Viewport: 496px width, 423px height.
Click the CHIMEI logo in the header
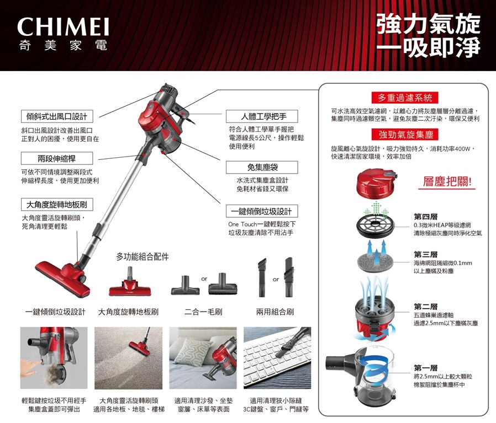click(64, 26)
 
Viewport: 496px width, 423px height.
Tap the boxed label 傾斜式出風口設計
click(57, 116)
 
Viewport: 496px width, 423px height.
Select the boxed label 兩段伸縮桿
click(57, 158)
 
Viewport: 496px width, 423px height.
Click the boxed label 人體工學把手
click(262, 116)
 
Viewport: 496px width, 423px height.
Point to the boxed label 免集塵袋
click(262, 167)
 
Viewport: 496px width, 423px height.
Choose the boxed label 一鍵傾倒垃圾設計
click(262, 211)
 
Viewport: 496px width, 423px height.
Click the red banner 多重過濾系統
click(405, 98)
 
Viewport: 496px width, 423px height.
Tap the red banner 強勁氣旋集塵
click(405, 135)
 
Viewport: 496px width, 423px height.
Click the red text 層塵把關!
click(447, 181)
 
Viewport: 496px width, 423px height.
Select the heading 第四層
click(426, 216)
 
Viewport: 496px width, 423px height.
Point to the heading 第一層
click(426, 367)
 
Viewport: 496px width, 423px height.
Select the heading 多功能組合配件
click(143, 257)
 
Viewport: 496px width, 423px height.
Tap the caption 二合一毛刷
click(203, 312)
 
